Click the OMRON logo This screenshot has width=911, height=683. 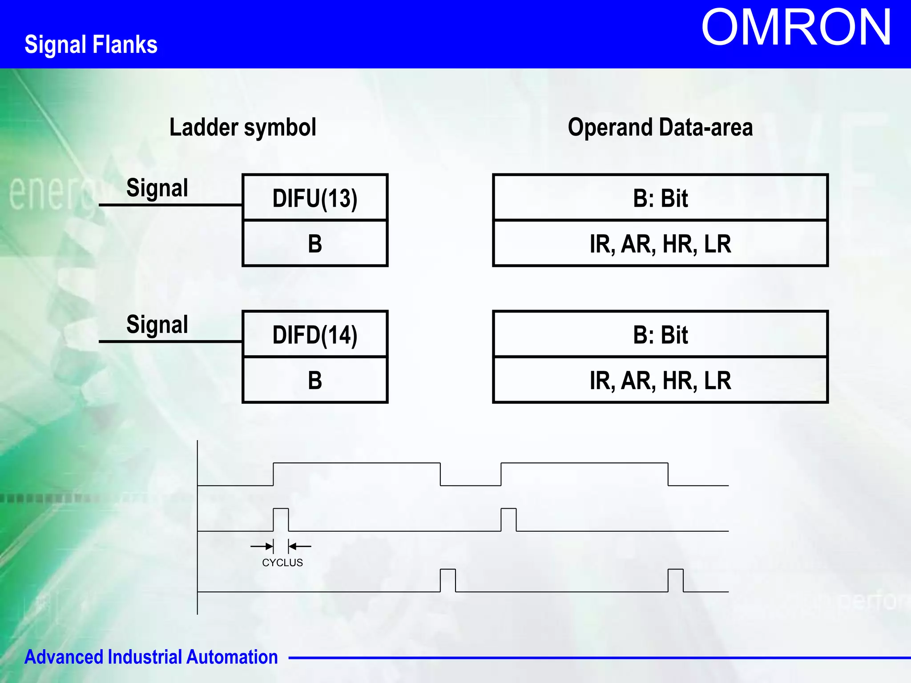(x=796, y=28)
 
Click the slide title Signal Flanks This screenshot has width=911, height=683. (x=91, y=44)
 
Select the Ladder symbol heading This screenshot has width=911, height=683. (x=243, y=127)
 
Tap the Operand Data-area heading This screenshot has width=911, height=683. (x=660, y=127)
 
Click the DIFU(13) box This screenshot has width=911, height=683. (x=315, y=198)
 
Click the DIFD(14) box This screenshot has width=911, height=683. (x=315, y=334)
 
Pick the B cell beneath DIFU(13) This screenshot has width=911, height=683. (x=315, y=244)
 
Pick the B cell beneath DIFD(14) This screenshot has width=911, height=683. (x=315, y=380)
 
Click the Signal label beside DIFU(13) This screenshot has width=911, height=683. (x=157, y=188)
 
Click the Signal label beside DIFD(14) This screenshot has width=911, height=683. (x=157, y=324)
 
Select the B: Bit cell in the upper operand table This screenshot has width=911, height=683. (x=660, y=198)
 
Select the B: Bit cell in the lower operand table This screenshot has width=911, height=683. (x=660, y=334)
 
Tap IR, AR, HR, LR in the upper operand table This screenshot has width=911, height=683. (x=660, y=244)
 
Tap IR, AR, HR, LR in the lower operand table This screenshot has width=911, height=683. (x=660, y=380)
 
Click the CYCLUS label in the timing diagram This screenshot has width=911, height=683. (x=282, y=562)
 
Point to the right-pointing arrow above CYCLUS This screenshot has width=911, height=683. (x=263, y=546)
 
